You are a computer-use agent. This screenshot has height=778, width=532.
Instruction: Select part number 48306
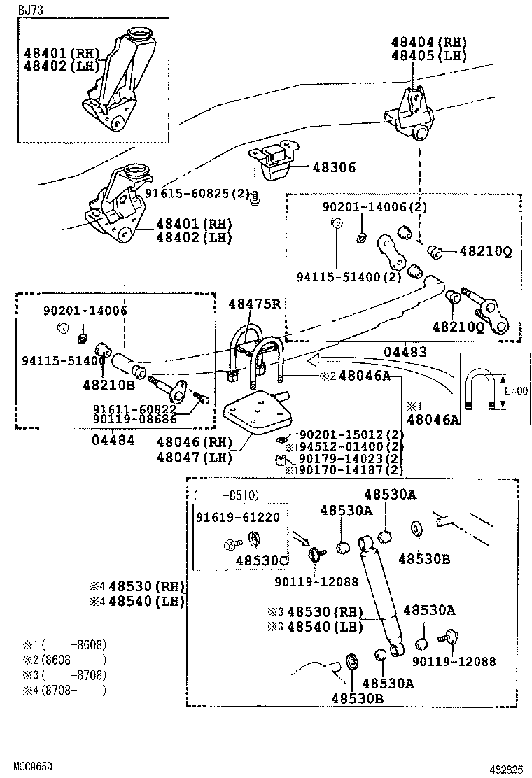click(334, 167)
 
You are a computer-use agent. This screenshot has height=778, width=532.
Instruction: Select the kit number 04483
click(405, 353)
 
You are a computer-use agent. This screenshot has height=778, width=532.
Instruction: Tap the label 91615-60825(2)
click(198, 192)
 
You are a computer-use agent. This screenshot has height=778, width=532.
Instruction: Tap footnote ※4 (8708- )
click(63, 690)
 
